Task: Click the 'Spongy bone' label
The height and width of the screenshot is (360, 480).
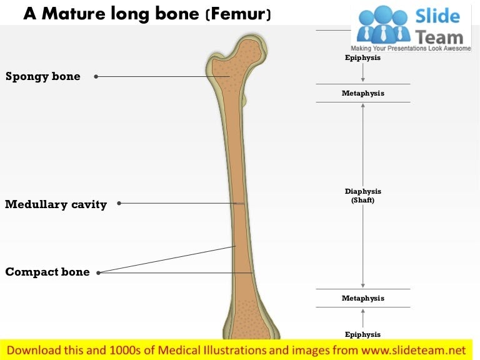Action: point(43,76)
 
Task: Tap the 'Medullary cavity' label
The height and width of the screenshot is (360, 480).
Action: point(56,204)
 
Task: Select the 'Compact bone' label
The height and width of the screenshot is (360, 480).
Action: point(47,272)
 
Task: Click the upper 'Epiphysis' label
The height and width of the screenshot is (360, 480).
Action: point(362,57)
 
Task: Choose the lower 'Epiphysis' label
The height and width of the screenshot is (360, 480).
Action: point(362,334)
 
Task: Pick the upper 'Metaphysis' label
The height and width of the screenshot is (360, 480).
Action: point(362,93)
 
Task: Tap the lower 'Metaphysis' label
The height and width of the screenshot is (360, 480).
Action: point(362,298)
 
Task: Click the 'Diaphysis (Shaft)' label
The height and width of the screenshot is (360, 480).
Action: point(362,196)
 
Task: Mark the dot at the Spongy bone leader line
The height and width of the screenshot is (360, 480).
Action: point(96,77)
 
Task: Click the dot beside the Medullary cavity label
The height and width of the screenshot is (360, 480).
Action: point(119,203)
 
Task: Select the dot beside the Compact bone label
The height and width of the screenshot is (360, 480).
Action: point(98,272)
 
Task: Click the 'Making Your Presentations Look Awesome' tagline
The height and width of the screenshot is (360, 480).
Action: point(411,48)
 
